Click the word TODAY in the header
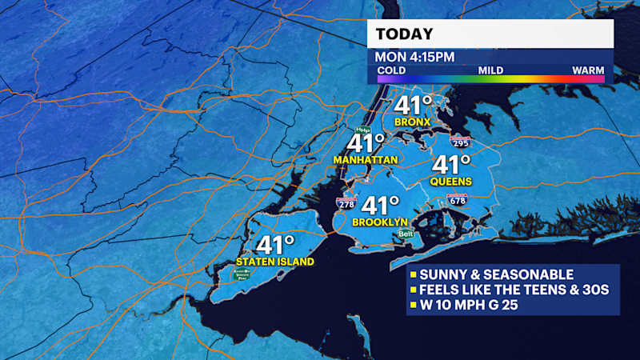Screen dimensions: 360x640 click(405, 34)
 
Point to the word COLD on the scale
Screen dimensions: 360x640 click(391, 70)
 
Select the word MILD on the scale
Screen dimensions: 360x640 click(490, 70)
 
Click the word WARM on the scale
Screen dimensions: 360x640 click(588, 70)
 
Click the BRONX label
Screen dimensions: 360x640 click(413, 122)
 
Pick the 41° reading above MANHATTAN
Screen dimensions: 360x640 click(366, 144)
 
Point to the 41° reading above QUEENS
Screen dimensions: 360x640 click(452, 166)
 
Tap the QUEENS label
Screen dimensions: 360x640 click(452, 182)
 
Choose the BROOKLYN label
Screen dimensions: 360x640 click(381, 222)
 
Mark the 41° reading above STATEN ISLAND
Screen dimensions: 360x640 click(275, 246)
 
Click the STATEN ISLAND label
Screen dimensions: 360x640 click(275, 262)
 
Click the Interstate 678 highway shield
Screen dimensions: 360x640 click(458, 200)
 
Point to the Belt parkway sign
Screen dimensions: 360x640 click(406, 234)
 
